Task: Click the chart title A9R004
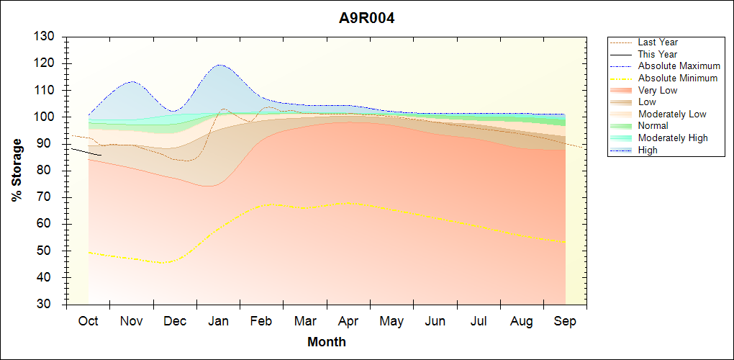point(367,18)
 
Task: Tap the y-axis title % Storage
point(17,170)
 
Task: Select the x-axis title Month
point(326,341)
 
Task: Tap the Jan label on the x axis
point(218,321)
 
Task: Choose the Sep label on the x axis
point(565,321)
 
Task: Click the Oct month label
point(88,321)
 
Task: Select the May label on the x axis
point(391,321)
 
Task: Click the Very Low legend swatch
point(622,91)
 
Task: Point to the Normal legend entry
point(653,126)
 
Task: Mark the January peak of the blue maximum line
point(219,65)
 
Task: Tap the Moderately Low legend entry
point(672,114)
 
